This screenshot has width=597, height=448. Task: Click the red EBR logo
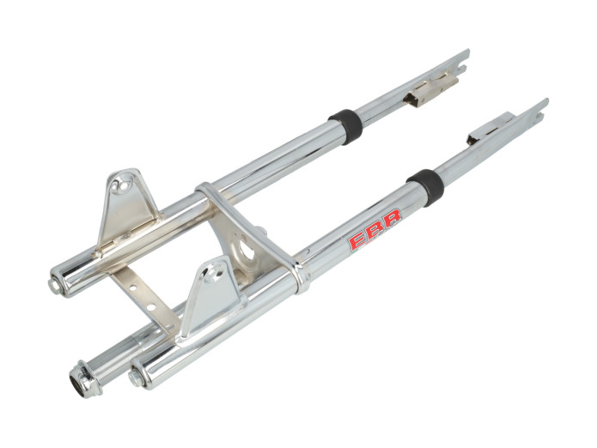tap(374, 229)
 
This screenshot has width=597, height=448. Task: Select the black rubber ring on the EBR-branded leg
tap(424, 186)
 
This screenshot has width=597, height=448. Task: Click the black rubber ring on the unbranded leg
tap(346, 125)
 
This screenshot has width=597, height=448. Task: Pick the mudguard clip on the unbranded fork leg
tap(429, 87)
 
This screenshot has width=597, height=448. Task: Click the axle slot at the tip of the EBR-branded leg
tap(537, 107)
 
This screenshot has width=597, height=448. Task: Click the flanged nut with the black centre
tap(84, 378)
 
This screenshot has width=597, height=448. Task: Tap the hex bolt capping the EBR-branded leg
tap(137, 377)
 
